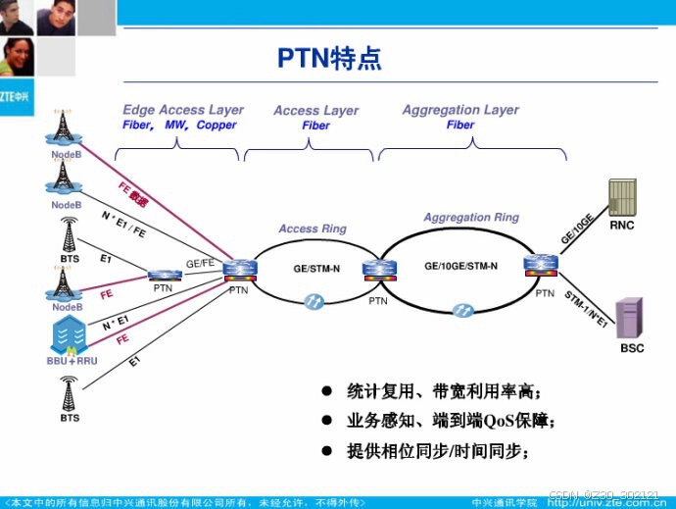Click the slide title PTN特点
328,59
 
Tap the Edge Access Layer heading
182,110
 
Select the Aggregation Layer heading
459,110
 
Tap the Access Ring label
312,229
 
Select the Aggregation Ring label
471,217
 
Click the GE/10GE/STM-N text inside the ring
460,266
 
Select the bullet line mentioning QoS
451,422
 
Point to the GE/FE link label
201,263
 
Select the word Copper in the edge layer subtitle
216,126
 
